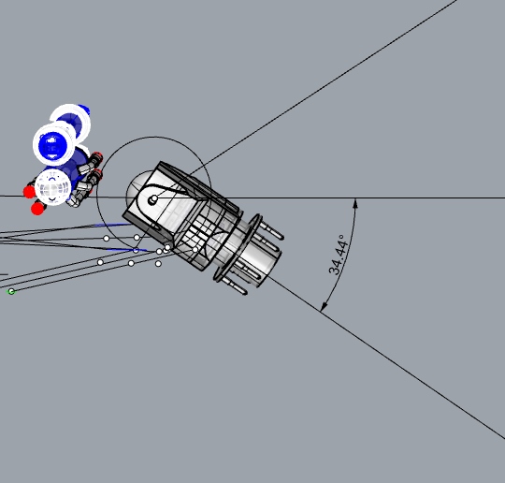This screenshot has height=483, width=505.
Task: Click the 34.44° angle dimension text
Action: (338, 254)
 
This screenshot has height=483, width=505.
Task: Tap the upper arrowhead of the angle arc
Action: (355, 202)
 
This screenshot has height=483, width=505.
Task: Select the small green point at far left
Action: (11, 291)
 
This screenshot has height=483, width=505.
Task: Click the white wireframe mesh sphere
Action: (54, 187)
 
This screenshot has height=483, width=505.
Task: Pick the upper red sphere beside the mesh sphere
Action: (29, 192)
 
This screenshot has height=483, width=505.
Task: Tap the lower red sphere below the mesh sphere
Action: (37, 208)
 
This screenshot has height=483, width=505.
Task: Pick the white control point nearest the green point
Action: (100, 262)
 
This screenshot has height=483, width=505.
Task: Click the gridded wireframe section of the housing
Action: (198, 229)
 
